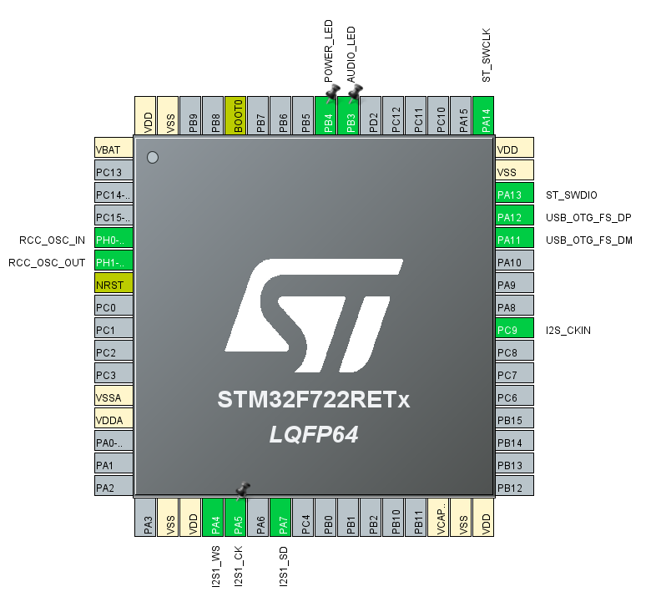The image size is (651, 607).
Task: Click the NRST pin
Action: click(114, 285)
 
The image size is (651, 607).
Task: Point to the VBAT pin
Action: click(114, 149)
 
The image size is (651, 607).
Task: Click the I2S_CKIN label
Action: click(568, 330)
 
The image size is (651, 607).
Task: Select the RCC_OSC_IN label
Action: click(53, 240)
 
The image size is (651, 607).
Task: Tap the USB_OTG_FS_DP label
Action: click(588, 217)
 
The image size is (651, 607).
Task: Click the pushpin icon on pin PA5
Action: click(243, 488)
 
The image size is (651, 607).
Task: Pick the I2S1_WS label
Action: click(214, 566)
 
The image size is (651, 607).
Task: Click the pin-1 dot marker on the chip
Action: click(152, 158)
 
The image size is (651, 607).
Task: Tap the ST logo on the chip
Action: click(313, 317)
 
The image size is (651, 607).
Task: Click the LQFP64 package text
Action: click(314, 434)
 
